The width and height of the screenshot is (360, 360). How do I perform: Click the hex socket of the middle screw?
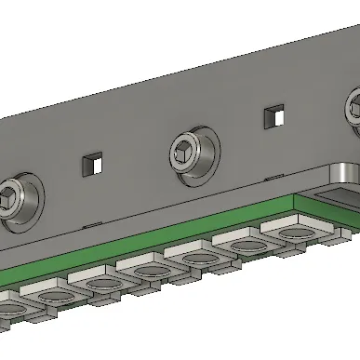(192, 149)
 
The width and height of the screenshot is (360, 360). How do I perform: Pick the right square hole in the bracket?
(273, 116)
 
